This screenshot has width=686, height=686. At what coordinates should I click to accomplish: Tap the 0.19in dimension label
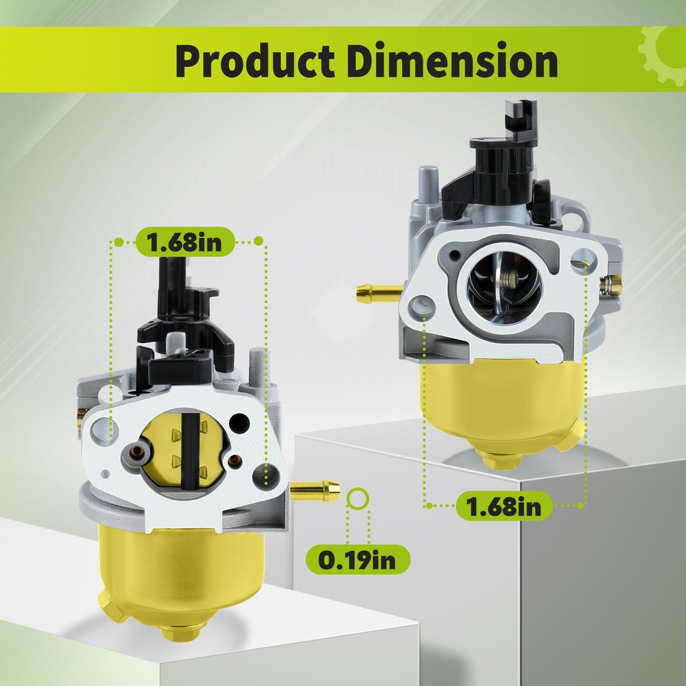pyautogui.click(x=357, y=560)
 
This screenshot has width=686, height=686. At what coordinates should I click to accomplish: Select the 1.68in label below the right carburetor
pyautogui.click(x=503, y=506)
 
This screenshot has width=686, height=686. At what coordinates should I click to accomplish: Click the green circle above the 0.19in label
pyautogui.click(x=358, y=499)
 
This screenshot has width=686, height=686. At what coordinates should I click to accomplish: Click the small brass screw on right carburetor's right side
pyautogui.click(x=611, y=283)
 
